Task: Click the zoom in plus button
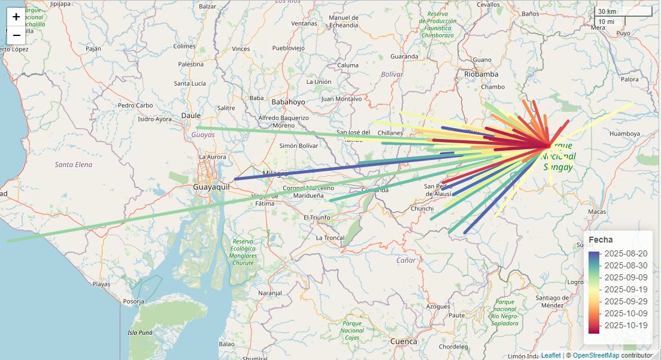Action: coord(16,17)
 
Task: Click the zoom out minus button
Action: coord(16,35)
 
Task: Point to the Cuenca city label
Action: coord(403,341)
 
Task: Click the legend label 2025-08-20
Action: coord(626,253)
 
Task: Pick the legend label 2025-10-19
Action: coord(626,325)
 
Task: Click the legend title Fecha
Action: coord(601,239)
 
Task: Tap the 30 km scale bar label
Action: coord(607,11)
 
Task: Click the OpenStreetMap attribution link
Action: coord(596,355)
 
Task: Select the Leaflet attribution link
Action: coord(551,355)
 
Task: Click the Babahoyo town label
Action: coord(288,102)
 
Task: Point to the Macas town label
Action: coord(597,211)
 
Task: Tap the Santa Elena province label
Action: coord(74,164)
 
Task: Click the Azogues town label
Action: coord(437,306)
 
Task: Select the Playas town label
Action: coord(101,284)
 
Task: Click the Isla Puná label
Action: coord(140,332)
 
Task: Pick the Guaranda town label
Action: coord(404,56)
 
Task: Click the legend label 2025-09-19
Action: coord(626,289)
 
